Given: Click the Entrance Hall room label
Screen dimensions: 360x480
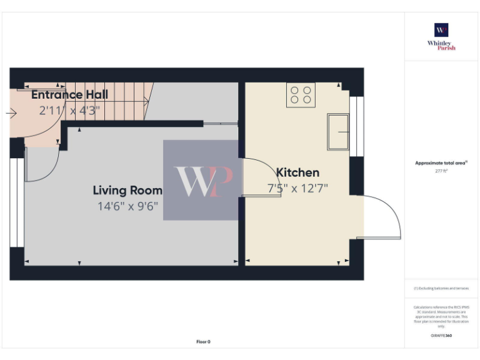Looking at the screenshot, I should [69, 95].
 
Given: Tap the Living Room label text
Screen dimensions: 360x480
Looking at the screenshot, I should [127, 191].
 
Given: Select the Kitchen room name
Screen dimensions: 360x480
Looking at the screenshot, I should [297, 172].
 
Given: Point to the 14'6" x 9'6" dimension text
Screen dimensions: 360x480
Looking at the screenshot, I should [127, 206].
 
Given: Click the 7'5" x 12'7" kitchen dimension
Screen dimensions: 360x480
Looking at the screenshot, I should [297, 187].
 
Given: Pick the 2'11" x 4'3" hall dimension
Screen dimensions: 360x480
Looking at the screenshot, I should [67, 111].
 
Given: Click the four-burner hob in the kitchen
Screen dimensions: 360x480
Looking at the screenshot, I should [301, 95].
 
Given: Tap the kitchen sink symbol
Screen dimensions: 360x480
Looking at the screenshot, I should [338, 131].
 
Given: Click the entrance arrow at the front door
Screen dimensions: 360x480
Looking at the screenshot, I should [11, 113].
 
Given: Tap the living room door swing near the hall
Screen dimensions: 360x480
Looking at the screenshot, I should [41, 164].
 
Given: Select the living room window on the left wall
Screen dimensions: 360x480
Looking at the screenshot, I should [17, 202].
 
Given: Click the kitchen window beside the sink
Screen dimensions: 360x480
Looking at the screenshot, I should [356, 126].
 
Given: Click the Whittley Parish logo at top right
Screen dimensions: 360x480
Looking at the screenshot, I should [441, 36].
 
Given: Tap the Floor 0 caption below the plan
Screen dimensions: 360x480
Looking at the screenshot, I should [204, 342].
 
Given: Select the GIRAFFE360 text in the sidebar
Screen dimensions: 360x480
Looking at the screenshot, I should [441, 336].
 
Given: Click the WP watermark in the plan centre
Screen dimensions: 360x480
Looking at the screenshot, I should [201, 180].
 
